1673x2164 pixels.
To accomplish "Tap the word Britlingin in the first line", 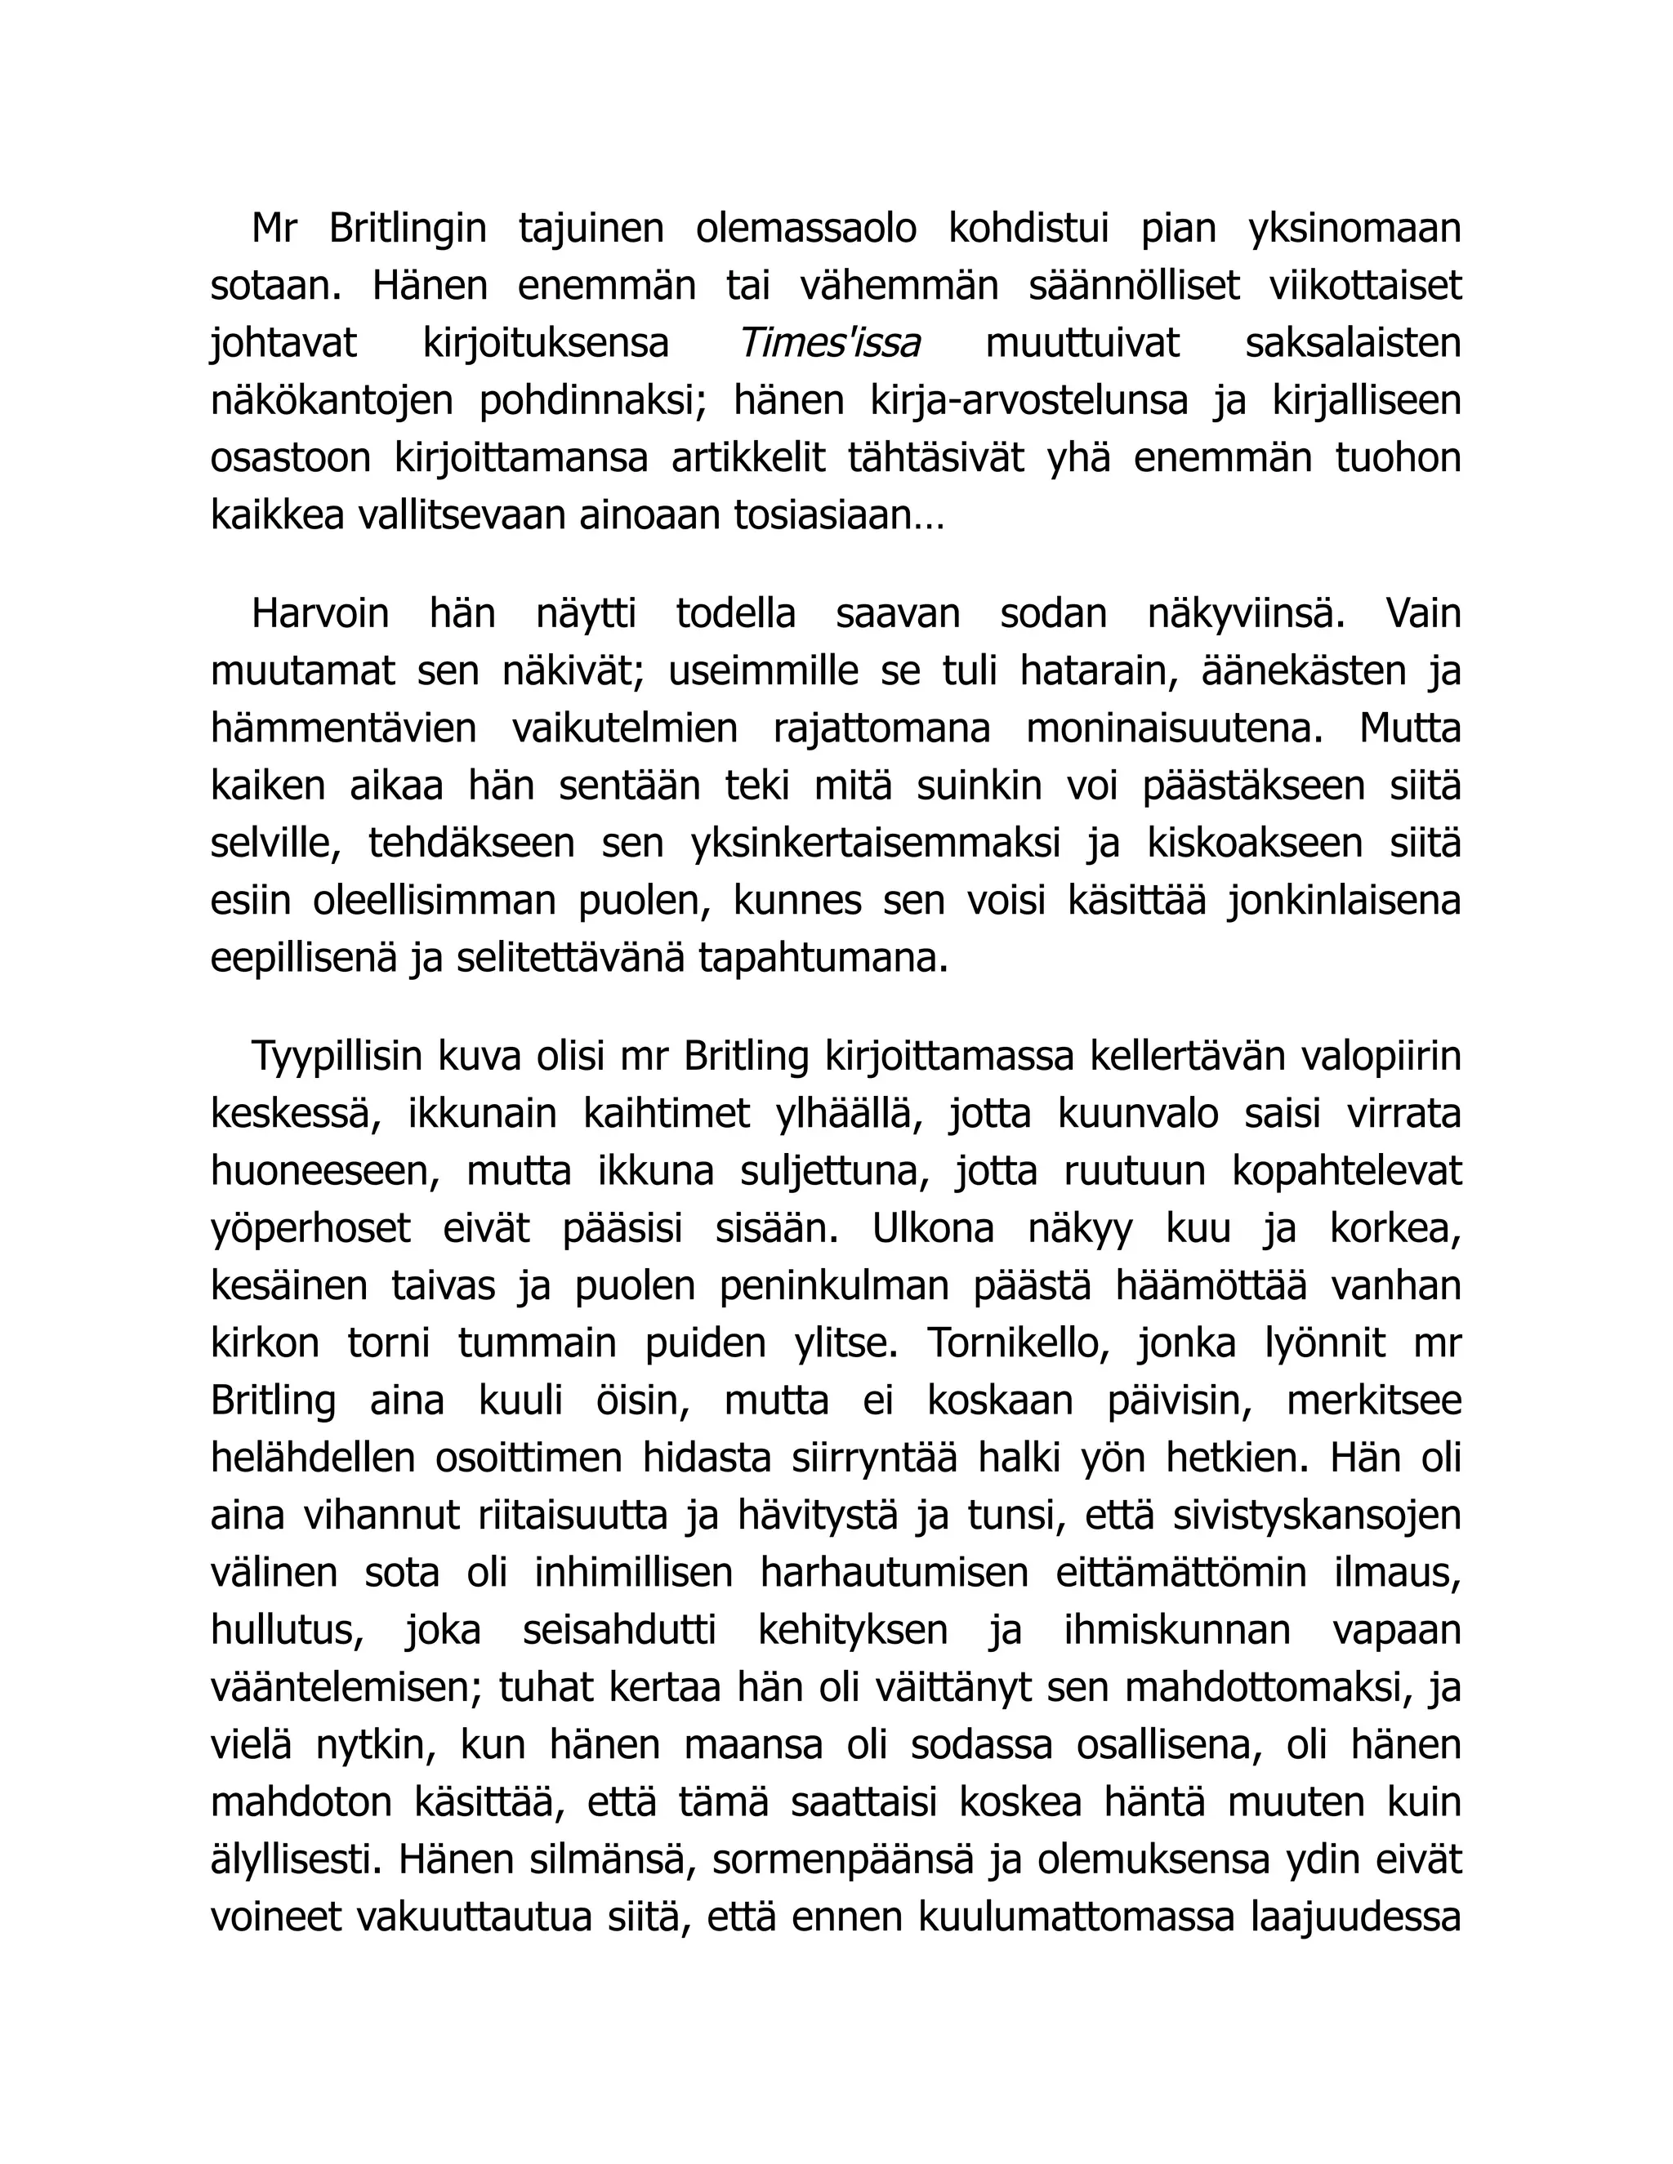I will [x=408, y=229].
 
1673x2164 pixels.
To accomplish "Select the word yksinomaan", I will [x=1354, y=229].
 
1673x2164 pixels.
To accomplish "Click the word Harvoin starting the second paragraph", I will [x=320, y=613].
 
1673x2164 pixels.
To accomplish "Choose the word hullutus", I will [x=287, y=1631].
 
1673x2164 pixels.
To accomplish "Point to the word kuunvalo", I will [x=1138, y=1114].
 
